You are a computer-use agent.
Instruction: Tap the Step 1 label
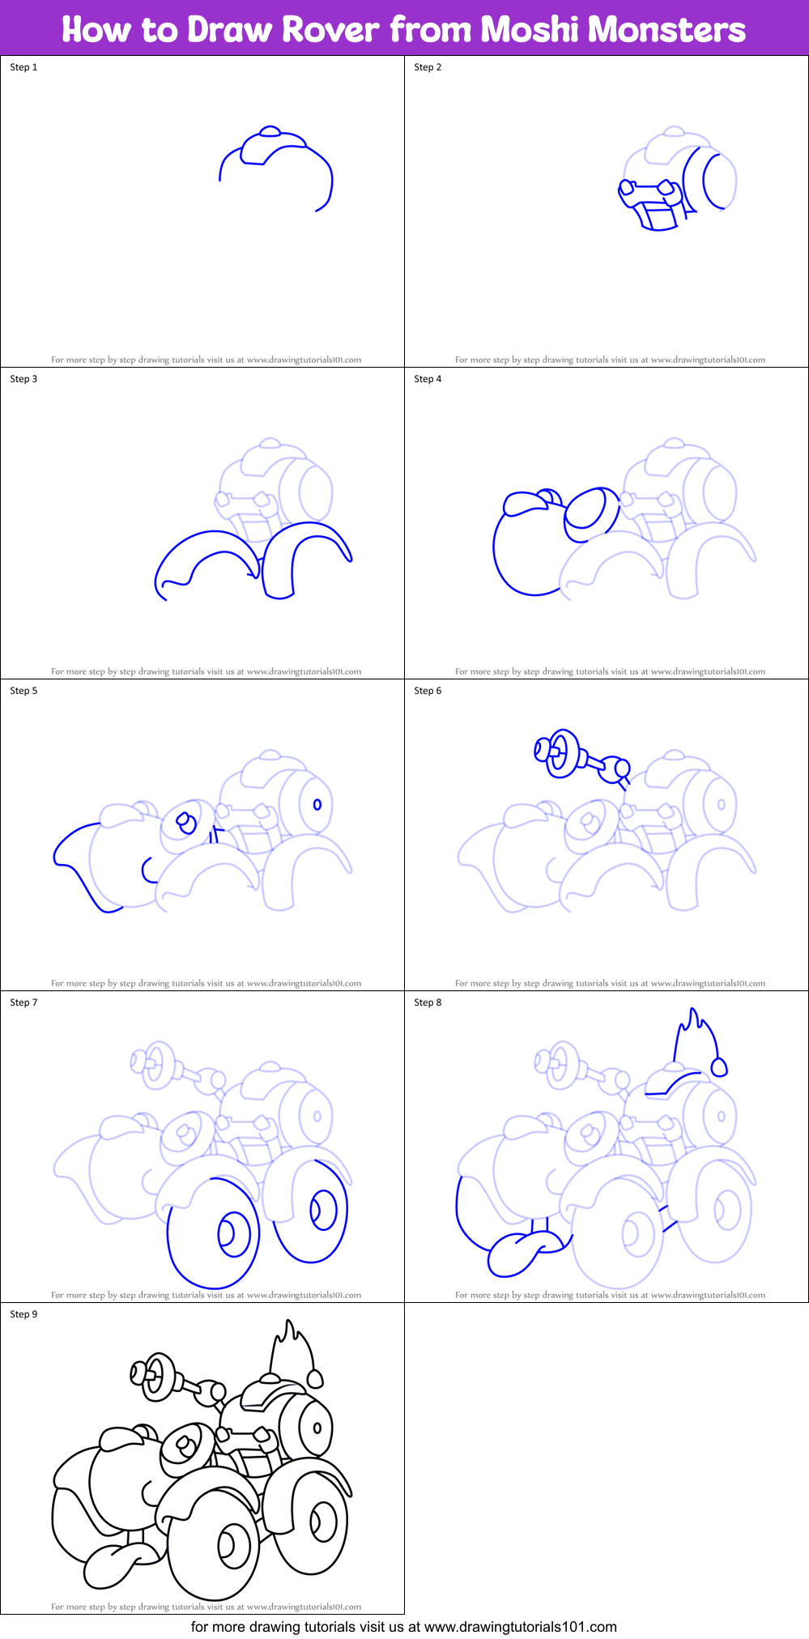(x=23, y=67)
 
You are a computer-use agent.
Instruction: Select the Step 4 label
(x=428, y=379)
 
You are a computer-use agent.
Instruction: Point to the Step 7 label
(x=23, y=1003)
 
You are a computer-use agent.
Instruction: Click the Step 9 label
(x=23, y=1314)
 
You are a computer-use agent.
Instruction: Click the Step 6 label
(x=428, y=691)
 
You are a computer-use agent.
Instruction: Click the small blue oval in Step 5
(x=317, y=804)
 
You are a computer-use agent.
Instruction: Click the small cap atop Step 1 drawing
(x=270, y=131)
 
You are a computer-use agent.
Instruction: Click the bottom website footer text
(x=404, y=1626)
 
